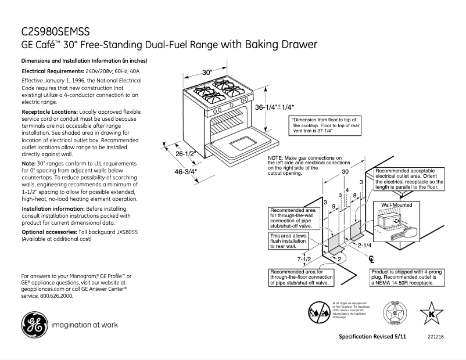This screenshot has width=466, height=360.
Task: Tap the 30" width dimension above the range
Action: point(208,73)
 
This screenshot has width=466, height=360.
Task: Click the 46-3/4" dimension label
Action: point(187,171)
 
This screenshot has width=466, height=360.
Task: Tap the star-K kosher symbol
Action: point(431,315)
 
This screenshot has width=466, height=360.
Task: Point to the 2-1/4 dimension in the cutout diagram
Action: point(365,246)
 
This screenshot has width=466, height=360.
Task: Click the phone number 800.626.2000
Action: point(56,296)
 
